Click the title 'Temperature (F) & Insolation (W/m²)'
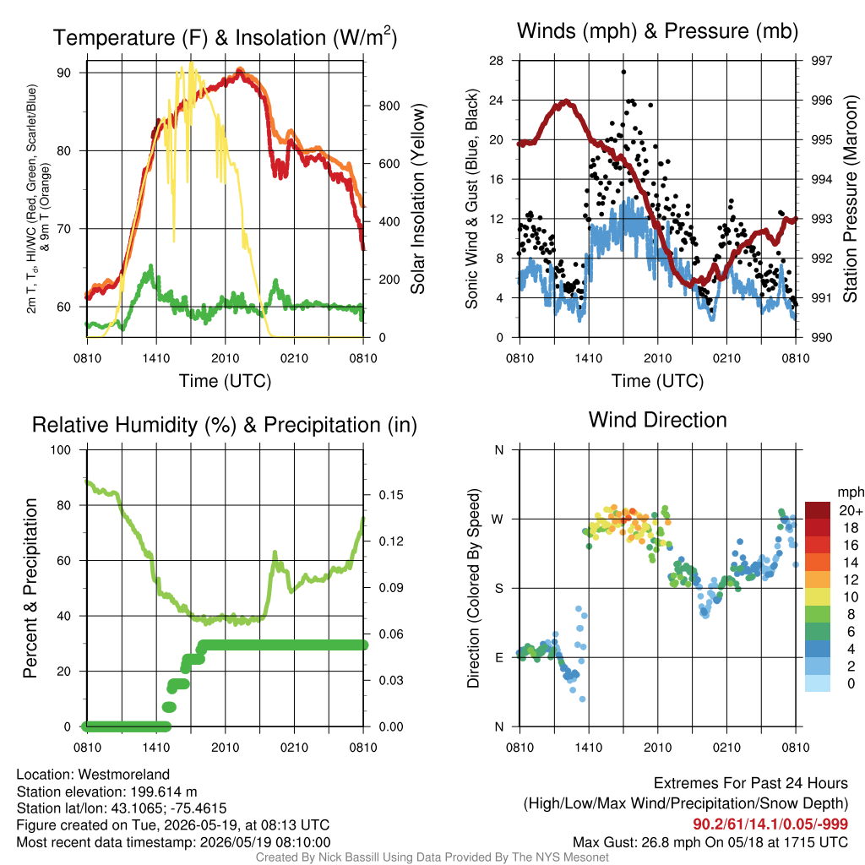(225, 37)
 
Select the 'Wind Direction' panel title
(657, 420)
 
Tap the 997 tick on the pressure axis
(821, 61)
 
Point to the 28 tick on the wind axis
(496, 61)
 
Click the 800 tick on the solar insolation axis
(389, 106)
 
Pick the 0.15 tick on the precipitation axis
(391, 495)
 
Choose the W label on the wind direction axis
(498, 520)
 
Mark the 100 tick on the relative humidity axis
(61, 449)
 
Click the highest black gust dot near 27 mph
(623, 72)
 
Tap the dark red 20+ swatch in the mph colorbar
(818, 510)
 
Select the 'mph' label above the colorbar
(850, 492)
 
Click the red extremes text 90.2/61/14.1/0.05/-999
(770, 824)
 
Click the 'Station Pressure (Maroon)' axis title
(850, 199)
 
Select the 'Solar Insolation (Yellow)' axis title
(417, 199)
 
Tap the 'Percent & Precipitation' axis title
(30, 588)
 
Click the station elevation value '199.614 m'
(164, 792)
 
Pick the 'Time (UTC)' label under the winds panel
(657, 381)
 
